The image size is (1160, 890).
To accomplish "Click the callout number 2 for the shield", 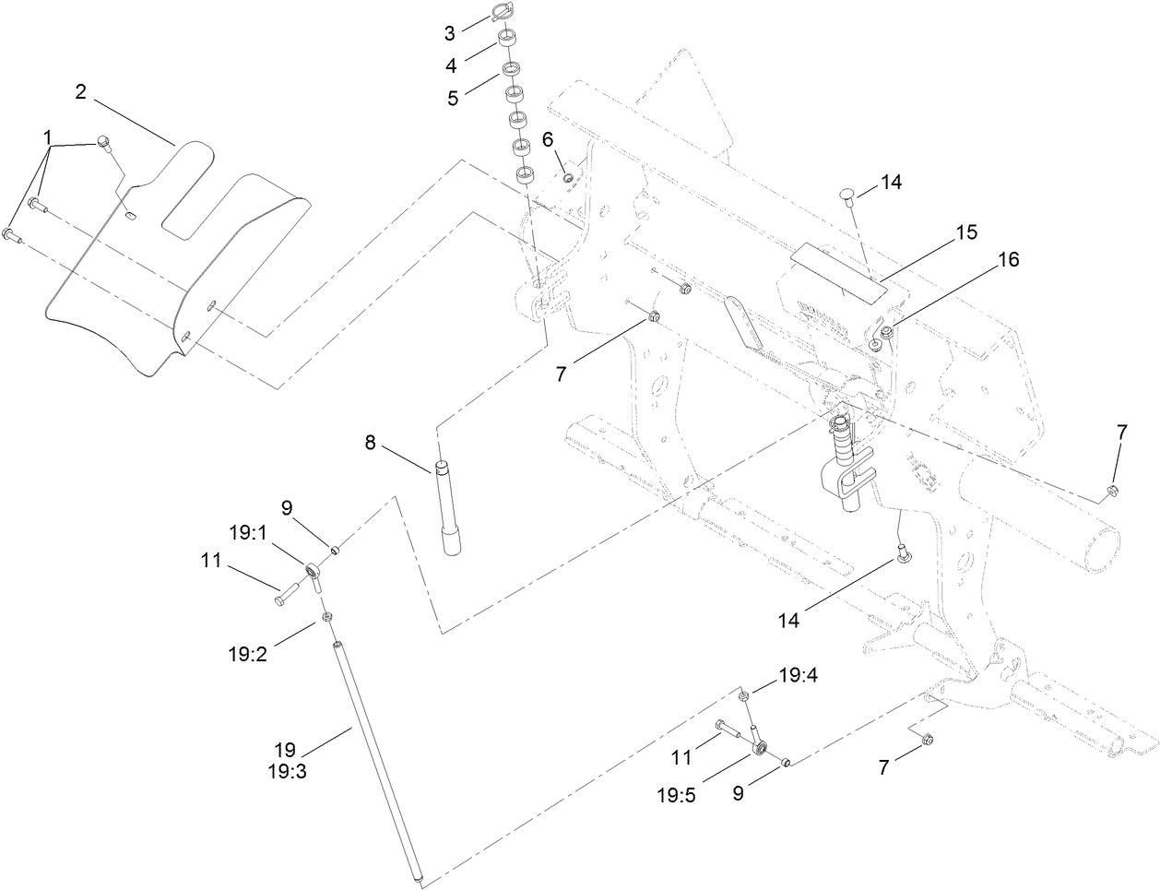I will [x=81, y=91].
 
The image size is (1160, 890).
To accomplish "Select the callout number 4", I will [x=451, y=65].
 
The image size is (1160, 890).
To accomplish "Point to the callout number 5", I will [x=453, y=98].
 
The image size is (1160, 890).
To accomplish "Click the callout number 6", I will [x=547, y=139].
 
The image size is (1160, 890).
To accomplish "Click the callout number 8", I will [x=370, y=443].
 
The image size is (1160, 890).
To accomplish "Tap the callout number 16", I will [x=1007, y=260].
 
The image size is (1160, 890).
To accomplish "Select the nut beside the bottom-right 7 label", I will [x=928, y=738].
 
